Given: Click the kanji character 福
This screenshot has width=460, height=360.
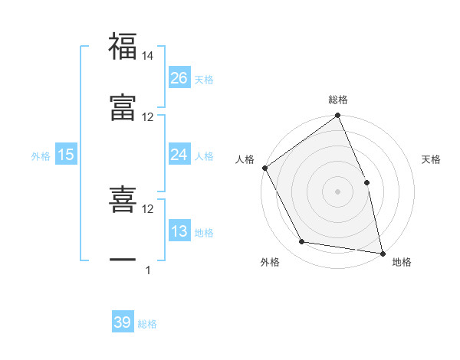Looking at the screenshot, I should pyautogui.click(x=123, y=47).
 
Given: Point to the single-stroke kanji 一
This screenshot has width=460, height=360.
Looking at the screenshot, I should pyautogui.click(x=123, y=260).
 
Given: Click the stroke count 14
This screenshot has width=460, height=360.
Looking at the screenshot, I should pyautogui.click(x=148, y=56).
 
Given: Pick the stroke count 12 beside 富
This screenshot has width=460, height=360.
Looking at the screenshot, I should pyautogui.click(x=148, y=116).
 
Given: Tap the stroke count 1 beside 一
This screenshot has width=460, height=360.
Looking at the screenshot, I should pyautogui.click(x=148, y=270).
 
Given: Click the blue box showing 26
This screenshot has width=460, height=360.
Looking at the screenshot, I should pyautogui.click(x=179, y=78).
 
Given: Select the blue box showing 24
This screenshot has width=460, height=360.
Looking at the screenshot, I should pyautogui.click(x=179, y=155).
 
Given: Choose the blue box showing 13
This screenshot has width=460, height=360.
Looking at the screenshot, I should pyautogui.click(x=179, y=231).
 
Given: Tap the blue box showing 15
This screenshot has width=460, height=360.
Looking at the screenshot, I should pyautogui.click(x=66, y=155).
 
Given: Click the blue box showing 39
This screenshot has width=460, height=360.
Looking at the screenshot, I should pyautogui.click(x=123, y=322).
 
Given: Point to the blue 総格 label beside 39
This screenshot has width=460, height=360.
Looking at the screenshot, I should pyautogui.click(x=147, y=324).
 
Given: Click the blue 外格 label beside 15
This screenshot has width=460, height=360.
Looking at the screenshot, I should pyautogui.click(x=41, y=156).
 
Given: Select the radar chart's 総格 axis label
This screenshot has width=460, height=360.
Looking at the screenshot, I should pyautogui.click(x=338, y=100).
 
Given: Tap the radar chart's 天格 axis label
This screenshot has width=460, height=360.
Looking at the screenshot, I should pyautogui.click(x=432, y=159).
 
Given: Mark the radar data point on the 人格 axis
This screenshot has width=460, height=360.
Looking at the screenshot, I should pyautogui.click(x=265, y=168).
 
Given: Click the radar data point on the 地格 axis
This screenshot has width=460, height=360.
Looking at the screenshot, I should pyautogui.click(x=383, y=253).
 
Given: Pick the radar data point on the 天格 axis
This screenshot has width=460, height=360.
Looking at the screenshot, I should pyautogui.click(x=366, y=182).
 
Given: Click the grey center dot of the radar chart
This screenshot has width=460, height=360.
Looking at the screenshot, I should pyautogui.click(x=337, y=191).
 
